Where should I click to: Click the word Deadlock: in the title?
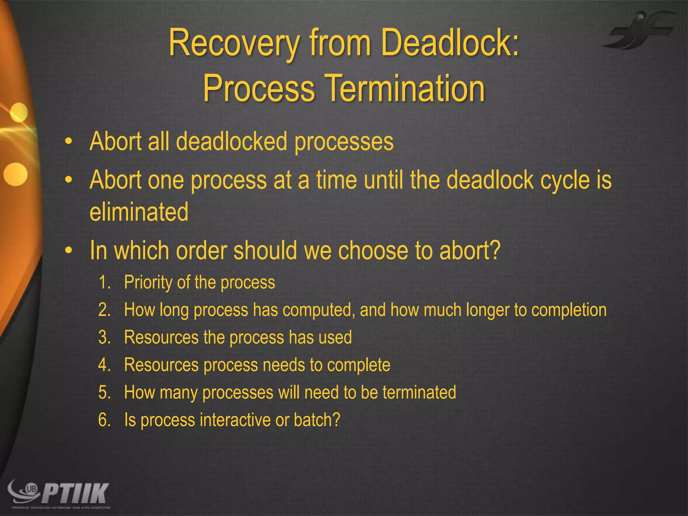click(450, 43)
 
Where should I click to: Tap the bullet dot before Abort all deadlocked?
click(69, 142)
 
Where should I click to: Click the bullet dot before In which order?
click(69, 251)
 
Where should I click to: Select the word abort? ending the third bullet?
click(470, 251)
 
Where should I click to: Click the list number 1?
click(104, 282)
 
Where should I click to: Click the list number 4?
click(104, 365)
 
